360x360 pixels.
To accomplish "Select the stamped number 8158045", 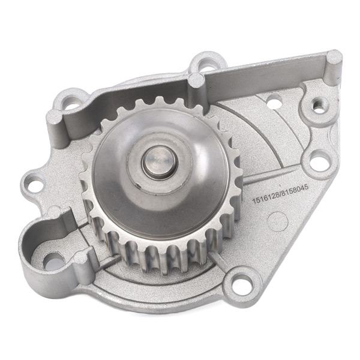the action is point(295,189).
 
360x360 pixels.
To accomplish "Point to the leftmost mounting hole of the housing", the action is point(34,182).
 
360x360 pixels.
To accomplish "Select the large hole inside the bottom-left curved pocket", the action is point(54,262).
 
